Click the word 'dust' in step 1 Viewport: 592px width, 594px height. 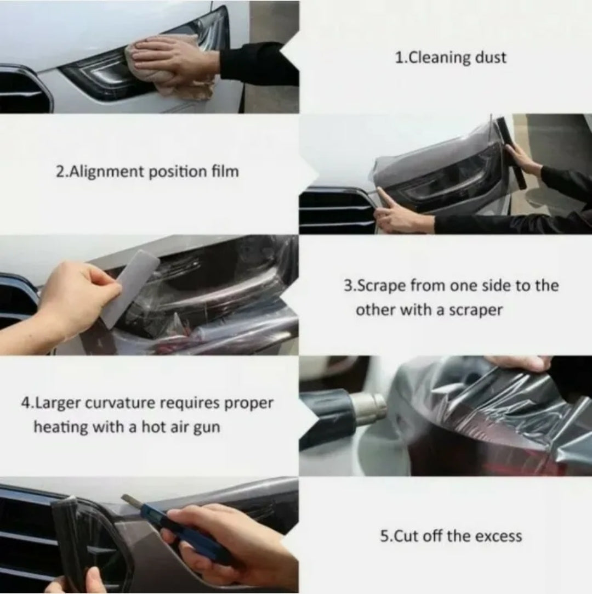pos(491,58)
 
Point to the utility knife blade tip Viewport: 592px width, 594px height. pos(123,496)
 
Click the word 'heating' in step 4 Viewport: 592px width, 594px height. pos(61,427)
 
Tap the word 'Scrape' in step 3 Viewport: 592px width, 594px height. pos(382,285)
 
